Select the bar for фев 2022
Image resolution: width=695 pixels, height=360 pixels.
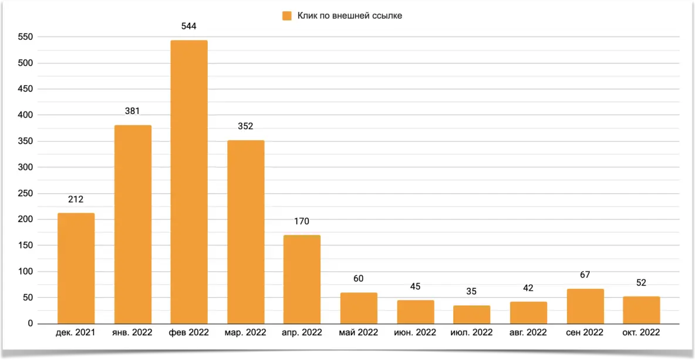[189, 182]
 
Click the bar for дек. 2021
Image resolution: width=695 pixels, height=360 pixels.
[76, 268]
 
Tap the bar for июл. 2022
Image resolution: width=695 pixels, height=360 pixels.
[472, 315]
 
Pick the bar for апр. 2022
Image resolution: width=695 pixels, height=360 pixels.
[302, 280]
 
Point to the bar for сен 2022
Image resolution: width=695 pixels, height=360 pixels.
[585, 307]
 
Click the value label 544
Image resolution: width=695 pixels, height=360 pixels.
[189, 26]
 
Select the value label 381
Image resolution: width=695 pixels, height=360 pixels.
[133, 111]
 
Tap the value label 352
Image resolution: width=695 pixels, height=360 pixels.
[246, 126]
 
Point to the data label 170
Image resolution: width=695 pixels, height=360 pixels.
[302, 221]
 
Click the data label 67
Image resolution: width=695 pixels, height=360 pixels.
[585, 275]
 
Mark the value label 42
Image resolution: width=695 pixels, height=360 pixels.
[528, 288]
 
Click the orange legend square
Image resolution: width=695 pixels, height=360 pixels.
[287, 16]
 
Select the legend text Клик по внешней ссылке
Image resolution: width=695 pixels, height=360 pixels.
[350, 16]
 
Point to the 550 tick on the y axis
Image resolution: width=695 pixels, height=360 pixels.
[25, 37]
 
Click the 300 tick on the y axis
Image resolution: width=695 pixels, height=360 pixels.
[25, 167]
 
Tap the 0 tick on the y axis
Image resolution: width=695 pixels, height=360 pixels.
[31, 324]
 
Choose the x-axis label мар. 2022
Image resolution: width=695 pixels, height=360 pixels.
[245, 333]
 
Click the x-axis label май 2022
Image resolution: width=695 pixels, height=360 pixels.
[359, 333]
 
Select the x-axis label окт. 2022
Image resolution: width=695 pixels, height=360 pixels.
[642, 333]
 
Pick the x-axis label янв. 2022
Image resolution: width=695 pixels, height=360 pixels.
[132, 333]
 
